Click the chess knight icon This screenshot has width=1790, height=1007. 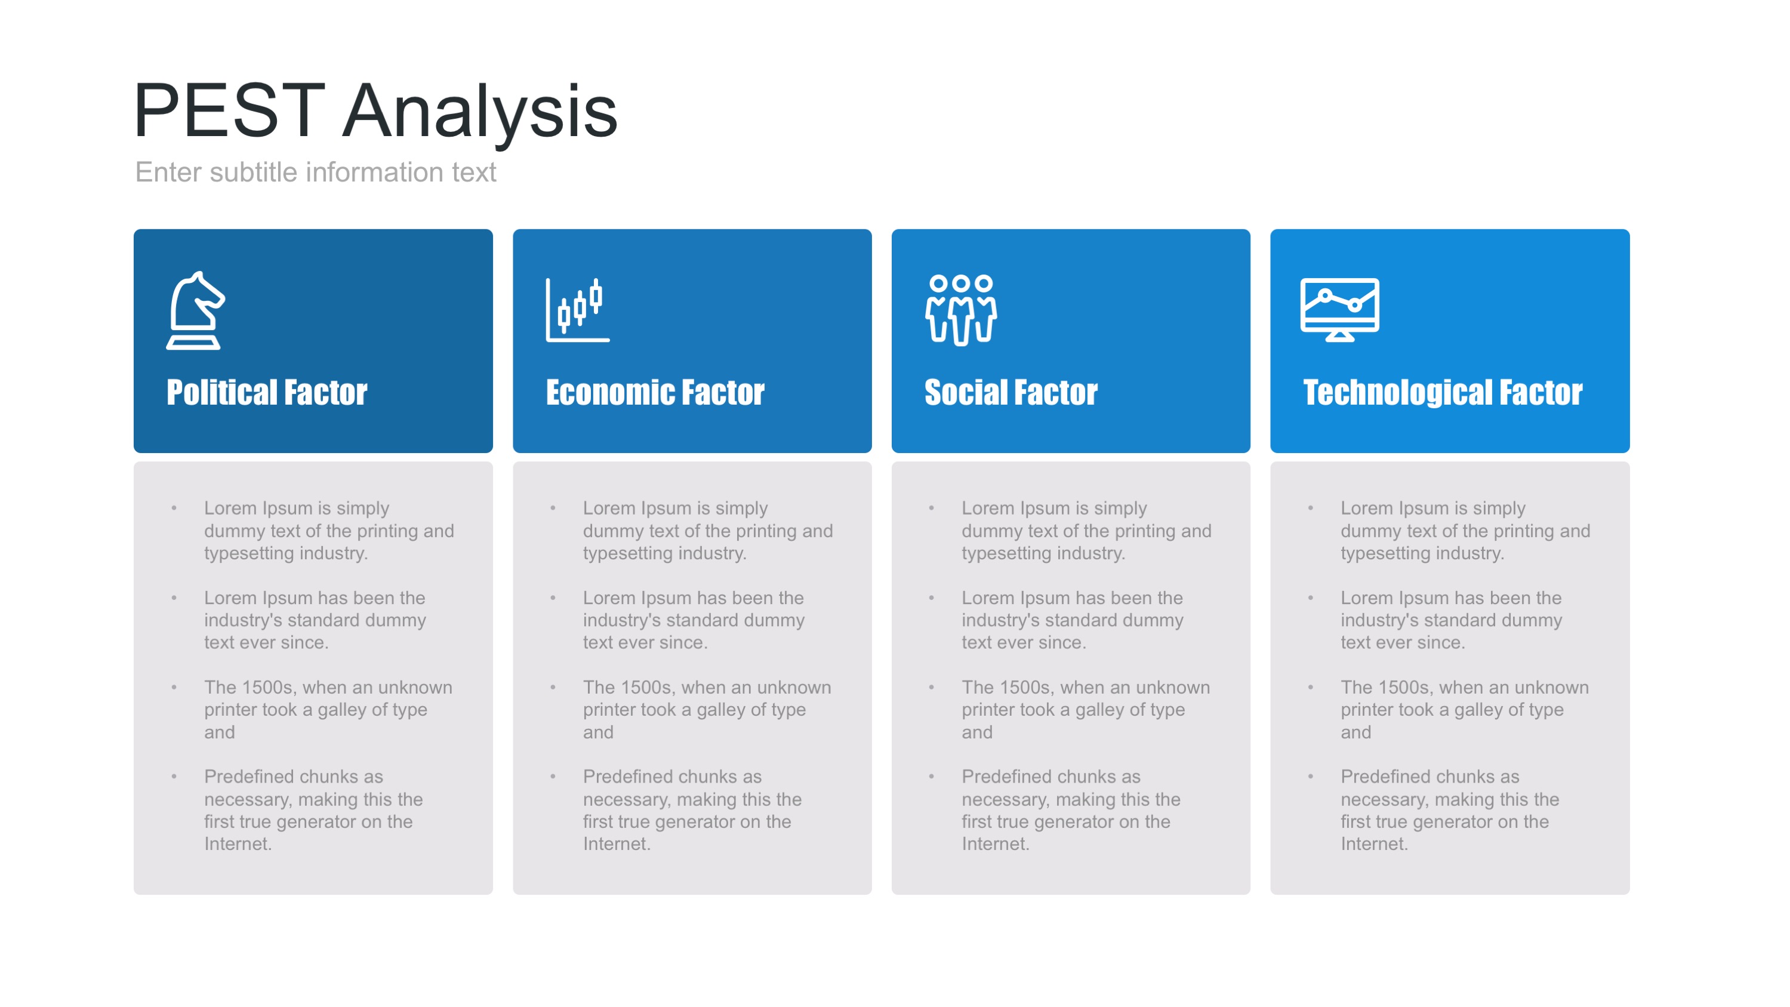pos(195,310)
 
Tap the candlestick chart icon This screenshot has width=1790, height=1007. pos(577,310)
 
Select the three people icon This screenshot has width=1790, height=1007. pos(961,310)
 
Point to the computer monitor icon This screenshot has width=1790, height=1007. pos(1340,310)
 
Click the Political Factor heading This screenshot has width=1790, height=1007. pos(267,393)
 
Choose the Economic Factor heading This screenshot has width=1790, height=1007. pos(655,393)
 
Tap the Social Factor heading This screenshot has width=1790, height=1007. pos(1011,393)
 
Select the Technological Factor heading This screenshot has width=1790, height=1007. pos(1443,393)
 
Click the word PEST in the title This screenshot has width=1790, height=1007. pos(230,110)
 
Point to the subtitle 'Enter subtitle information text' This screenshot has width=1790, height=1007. pos(316,173)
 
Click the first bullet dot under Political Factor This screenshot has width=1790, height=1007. pos(174,509)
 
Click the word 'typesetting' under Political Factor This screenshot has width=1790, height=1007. pos(249,555)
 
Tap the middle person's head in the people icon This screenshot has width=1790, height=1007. pos(961,283)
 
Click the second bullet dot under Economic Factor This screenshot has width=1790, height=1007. pos(553,598)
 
